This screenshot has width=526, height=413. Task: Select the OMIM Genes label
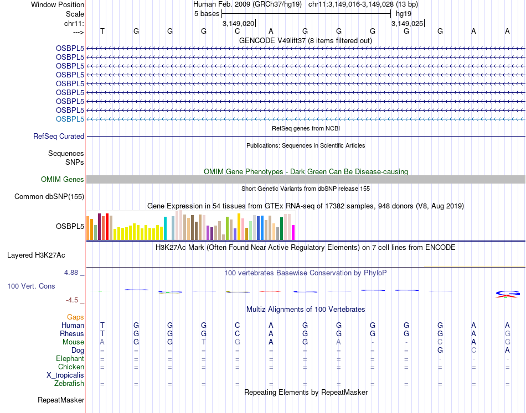[63, 179]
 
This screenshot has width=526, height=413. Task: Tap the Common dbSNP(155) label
[49, 196]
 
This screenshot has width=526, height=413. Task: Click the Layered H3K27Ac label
[36, 255]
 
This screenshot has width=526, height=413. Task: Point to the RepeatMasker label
[61, 400]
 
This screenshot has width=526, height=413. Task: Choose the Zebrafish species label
[69, 383]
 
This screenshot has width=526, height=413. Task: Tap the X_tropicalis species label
[65, 375]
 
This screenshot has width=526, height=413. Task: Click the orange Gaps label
[75, 317]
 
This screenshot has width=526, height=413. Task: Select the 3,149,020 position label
[238, 23]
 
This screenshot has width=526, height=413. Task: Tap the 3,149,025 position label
[407, 23]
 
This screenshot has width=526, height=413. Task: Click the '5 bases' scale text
[207, 13]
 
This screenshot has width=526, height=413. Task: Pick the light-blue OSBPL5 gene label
[70, 119]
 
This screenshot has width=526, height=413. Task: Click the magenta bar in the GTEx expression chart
[293, 232]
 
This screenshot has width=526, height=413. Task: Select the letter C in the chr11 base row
[238, 31]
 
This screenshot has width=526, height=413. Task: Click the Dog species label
[77, 350]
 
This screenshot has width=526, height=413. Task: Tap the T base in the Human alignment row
[102, 325]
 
